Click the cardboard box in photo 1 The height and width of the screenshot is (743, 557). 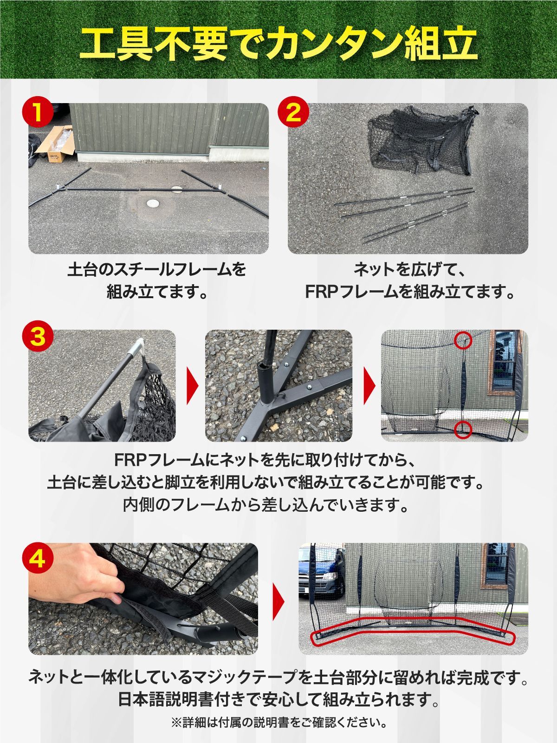coord(55,143)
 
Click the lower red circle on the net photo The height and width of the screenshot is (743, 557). coord(463,428)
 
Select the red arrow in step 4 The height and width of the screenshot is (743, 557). coord(278,599)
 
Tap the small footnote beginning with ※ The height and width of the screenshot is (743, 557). coord(278,723)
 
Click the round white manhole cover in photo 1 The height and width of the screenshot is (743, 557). coord(152,203)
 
